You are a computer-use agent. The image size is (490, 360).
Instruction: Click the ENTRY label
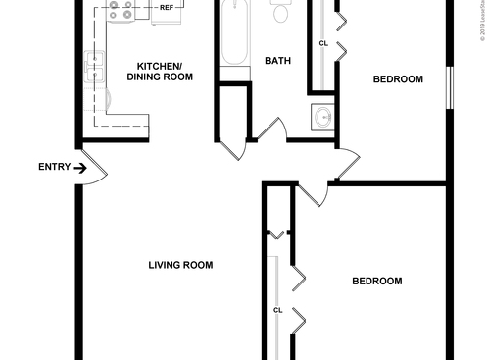[54, 167]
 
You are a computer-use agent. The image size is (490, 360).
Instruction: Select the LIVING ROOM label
[180, 265]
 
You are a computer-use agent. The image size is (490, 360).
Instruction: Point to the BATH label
[277, 61]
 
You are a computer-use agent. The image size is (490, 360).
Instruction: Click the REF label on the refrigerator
[167, 6]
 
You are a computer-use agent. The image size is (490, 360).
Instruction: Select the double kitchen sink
[96, 67]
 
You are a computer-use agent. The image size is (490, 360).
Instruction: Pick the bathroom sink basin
[322, 117]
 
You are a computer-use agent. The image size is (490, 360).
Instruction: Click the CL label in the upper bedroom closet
[323, 43]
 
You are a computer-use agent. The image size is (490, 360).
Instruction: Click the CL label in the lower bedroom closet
[277, 310]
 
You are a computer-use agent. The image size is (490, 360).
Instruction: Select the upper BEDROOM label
[398, 79]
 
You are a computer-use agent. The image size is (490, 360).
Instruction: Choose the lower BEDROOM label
[377, 282]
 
